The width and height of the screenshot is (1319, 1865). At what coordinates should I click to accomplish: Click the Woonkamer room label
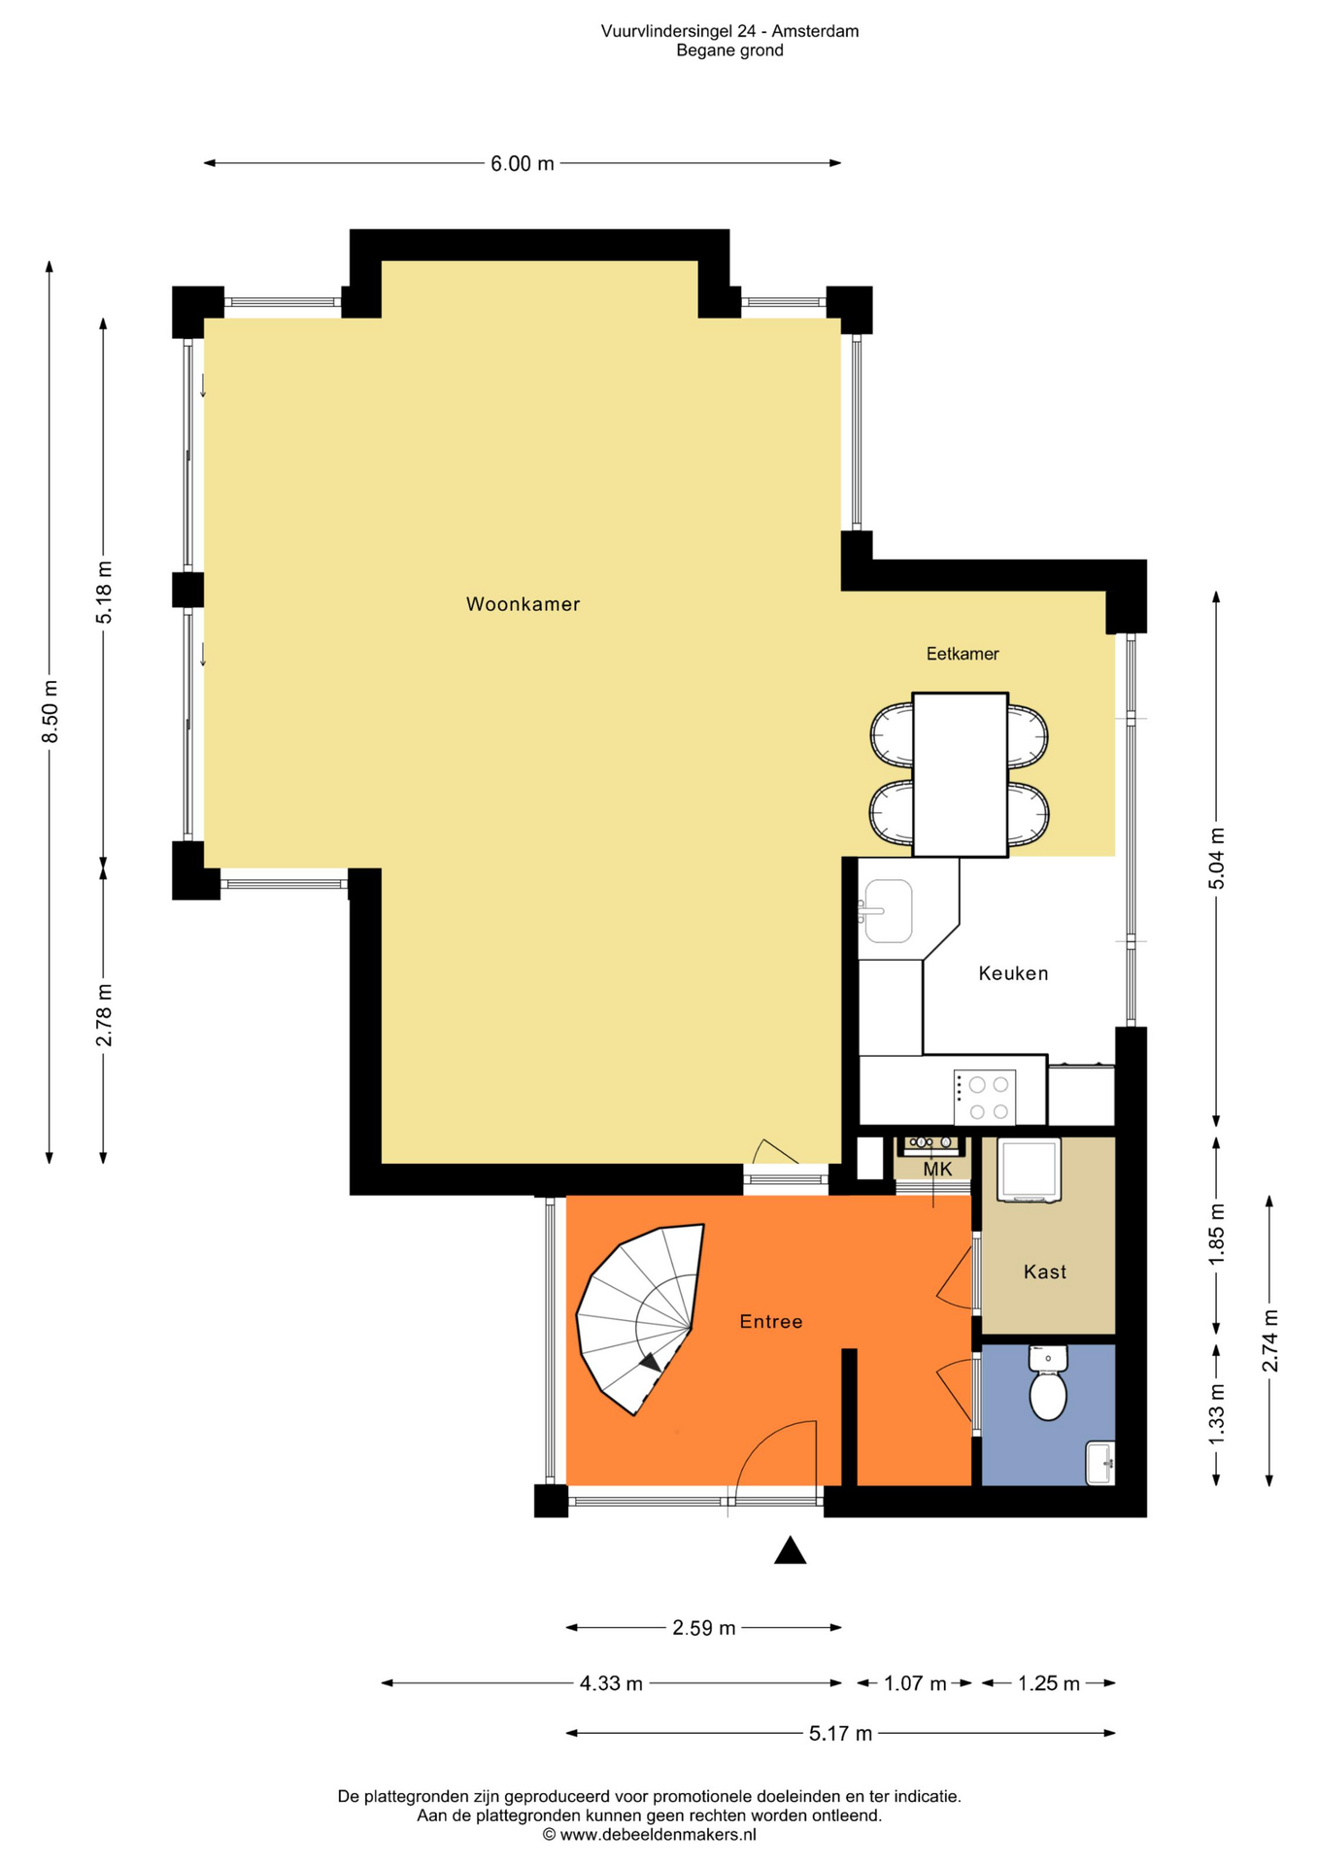coord(523,604)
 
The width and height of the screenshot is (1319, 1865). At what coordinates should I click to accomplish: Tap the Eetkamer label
coord(962,654)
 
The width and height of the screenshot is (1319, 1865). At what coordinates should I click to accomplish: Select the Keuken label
coord(1013,973)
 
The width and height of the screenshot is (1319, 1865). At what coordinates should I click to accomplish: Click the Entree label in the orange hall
coord(770,1321)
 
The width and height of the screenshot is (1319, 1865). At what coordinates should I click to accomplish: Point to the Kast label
coord(1044,1272)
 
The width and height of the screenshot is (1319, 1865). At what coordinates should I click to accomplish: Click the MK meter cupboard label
coord(937,1170)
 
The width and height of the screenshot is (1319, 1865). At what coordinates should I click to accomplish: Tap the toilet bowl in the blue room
coord(1047,1393)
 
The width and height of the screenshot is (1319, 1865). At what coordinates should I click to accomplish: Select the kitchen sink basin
coord(888,911)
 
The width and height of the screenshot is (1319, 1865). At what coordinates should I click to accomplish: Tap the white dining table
coord(960,774)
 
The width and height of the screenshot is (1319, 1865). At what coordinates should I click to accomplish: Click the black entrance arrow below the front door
coord(790,1551)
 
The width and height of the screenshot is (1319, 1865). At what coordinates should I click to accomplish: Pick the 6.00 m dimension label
coord(522,163)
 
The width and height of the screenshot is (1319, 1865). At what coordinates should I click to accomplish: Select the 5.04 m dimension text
coord(1216,858)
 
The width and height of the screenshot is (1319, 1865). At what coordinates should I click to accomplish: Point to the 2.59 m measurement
coord(703,1627)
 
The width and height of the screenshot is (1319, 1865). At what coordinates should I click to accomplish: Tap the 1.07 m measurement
coord(914,1683)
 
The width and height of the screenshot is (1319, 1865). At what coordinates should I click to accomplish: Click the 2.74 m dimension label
coord(1269,1340)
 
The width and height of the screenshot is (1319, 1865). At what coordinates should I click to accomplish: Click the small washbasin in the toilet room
coord(1099,1463)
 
